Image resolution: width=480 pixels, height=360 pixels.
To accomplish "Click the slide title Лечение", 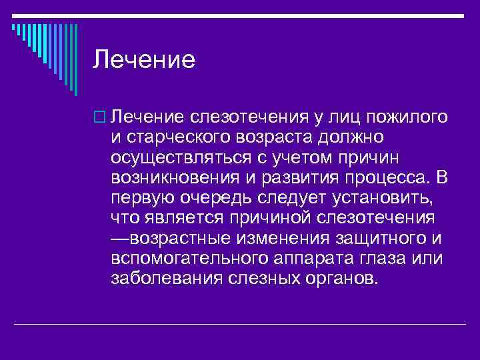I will tap(144, 60).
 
